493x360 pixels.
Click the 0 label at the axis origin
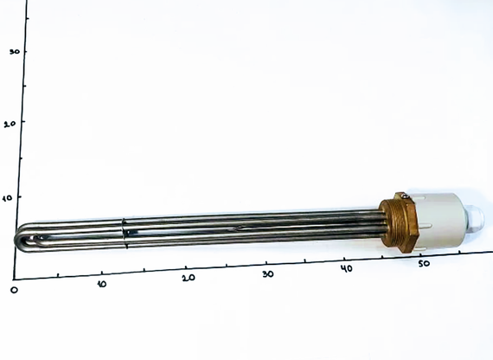pyautogui.click(x=13, y=289)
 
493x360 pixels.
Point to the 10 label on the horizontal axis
pyautogui.click(x=102, y=285)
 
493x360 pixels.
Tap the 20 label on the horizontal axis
pyautogui.click(x=189, y=278)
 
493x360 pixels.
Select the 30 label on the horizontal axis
pyautogui.click(x=268, y=273)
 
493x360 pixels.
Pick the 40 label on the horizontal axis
pyautogui.click(x=347, y=268)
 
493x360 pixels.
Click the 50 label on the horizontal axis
pyautogui.click(x=425, y=263)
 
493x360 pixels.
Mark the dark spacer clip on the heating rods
pyautogui.click(x=125, y=233)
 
